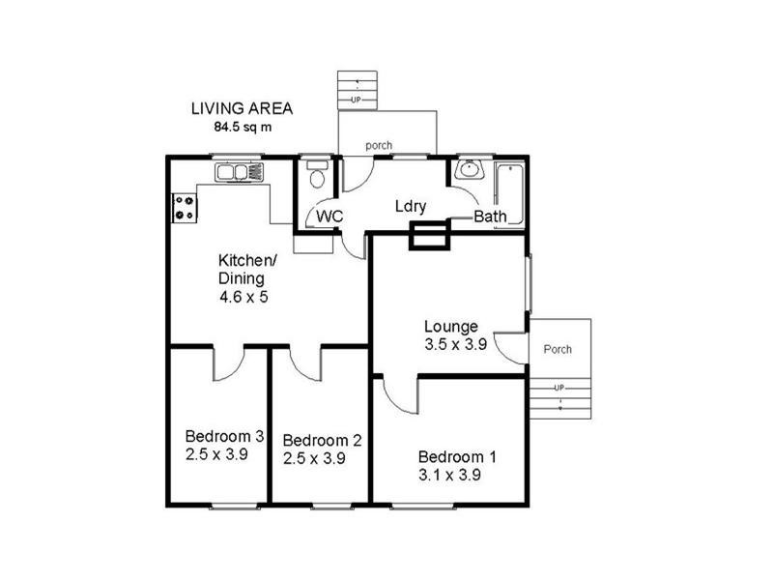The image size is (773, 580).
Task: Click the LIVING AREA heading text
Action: point(241,109)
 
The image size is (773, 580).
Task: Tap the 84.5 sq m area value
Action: point(243,127)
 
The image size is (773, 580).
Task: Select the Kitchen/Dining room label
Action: point(248,269)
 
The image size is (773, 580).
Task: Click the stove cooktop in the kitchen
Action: point(184,207)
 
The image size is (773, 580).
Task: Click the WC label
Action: point(330,217)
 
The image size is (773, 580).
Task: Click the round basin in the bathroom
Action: point(470,170)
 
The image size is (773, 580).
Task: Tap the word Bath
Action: point(490,218)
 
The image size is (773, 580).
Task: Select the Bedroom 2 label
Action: point(322,441)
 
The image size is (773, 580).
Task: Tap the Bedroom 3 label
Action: point(224,435)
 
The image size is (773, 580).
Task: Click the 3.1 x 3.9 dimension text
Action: point(450,475)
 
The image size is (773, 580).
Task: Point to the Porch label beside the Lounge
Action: point(557,349)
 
